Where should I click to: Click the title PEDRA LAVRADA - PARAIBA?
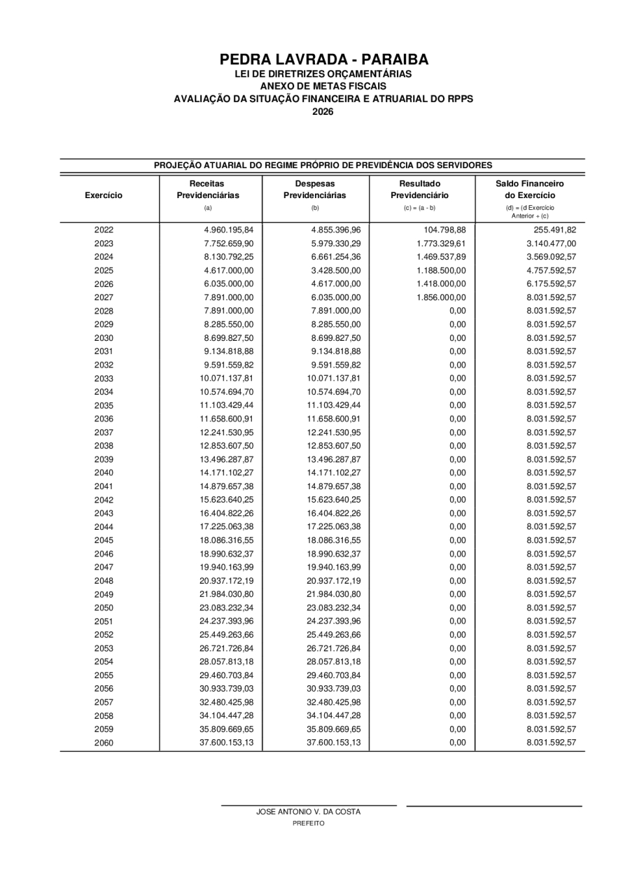(323, 59)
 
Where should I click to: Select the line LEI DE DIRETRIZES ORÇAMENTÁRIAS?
(323, 73)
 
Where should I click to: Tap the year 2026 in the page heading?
(323, 111)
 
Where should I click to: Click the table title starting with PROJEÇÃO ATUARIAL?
(323, 165)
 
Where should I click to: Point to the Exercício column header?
(104, 194)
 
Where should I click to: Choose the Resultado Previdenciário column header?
(420, 189)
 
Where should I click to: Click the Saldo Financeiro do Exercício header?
(530, 189)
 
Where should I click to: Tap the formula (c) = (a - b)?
(420, 208)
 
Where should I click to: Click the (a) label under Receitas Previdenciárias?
(208, 208)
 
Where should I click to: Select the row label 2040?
(104, 472)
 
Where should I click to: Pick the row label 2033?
(104, 379)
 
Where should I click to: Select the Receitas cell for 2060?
(226, 743)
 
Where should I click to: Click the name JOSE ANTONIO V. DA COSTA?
(309, 812)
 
